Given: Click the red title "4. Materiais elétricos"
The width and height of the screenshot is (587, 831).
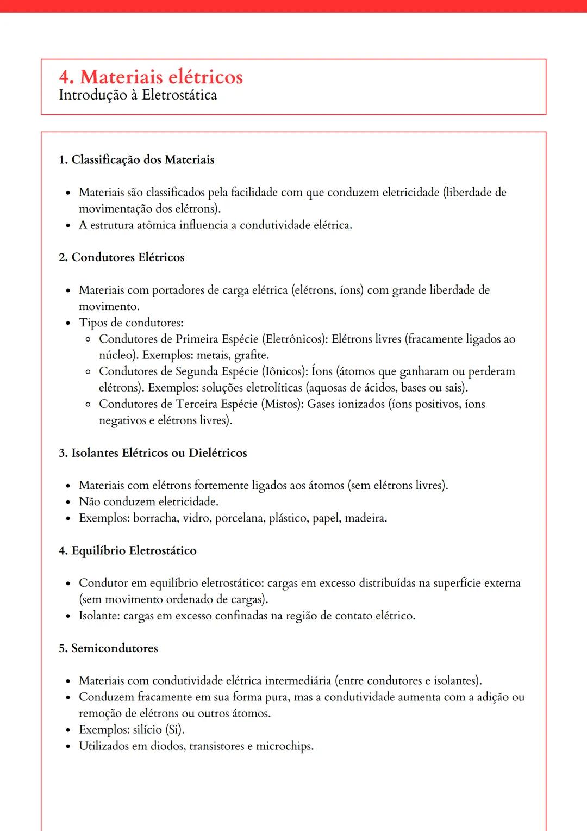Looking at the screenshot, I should pyautogui.click(x=151, y=77).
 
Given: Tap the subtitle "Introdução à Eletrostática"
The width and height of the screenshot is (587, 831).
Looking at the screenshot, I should pyautogui.click(x=138, y=95).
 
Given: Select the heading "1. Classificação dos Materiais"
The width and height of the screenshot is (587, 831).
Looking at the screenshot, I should pyautogui.click(x=136, y=160).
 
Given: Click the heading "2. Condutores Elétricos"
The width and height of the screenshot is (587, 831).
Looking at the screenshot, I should pyautogui.click(x=121, y=257).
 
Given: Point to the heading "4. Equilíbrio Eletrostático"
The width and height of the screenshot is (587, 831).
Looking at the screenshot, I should pyautogui.click(x=127, y=550).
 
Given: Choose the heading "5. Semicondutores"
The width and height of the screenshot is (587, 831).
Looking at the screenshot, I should pyautogui.click(x=108, y=648).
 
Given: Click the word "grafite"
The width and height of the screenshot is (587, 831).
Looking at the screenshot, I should pyautogui.click(x=251, y=355).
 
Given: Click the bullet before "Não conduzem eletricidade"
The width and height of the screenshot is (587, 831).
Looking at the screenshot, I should pyautogui.click(x=68, y=502).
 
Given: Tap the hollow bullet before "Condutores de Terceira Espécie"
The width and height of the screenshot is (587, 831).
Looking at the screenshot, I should pyautogui.click(x=88, y=404).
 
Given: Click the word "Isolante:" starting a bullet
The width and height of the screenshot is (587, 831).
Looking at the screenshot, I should pyautogui.click(x=99, y=616).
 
